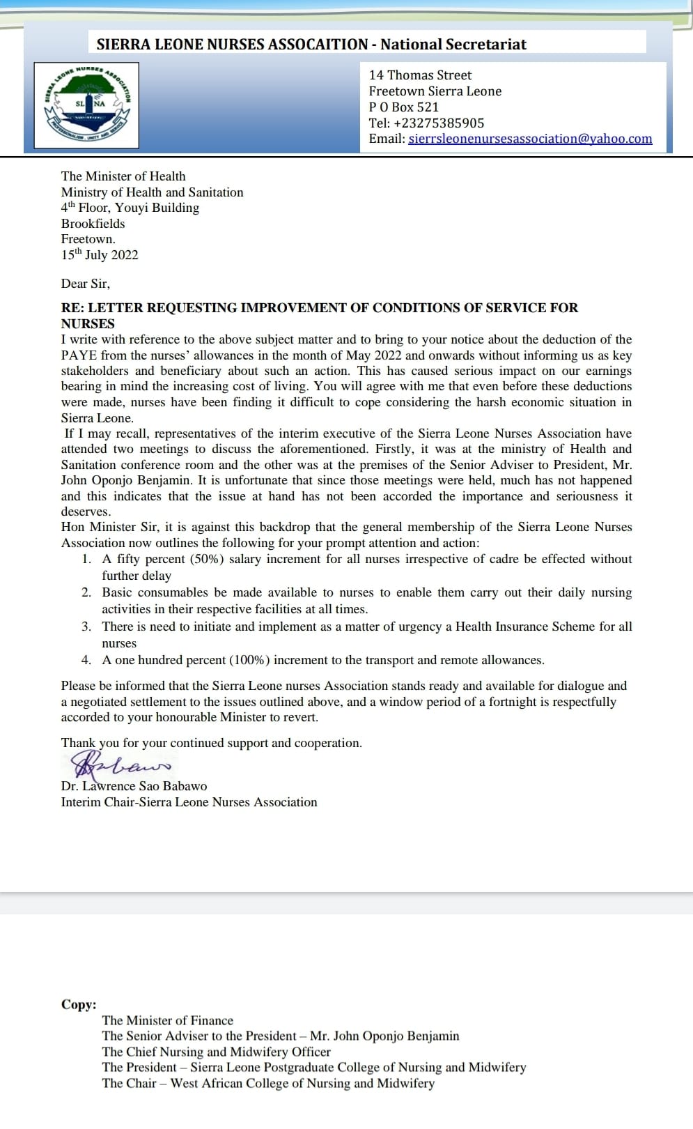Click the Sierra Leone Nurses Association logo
click(x=87, y=105)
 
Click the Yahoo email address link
click(x=530, y=139)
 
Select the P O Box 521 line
click(x=404, y=107)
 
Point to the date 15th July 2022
click(x=100, y=255)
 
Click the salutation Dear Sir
click(x=85, y=284)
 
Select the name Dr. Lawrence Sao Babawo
click(x=134, y=786)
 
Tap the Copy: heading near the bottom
click(x=79, y=1004)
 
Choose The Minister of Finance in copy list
click(x=167, y=1020)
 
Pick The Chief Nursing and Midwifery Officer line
click(x=216, y=1052)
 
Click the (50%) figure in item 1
click(x=207, y=559)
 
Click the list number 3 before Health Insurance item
click(x=86, y=627)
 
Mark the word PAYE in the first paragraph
click(x=77, y=355)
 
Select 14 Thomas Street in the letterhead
click(x=420, y=75)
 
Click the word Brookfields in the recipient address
click(x=93, y=224)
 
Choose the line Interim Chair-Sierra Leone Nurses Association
click(x=189, y=802)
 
